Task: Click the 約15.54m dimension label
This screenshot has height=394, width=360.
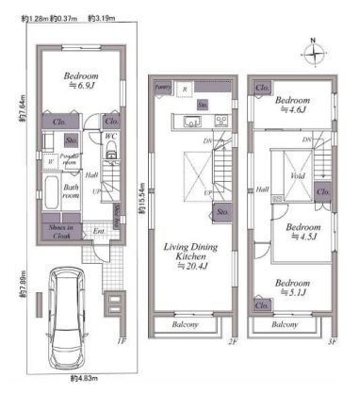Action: click(139, 198)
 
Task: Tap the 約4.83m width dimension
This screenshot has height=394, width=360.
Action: click(85, 378)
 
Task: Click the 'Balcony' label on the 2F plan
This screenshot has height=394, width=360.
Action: click(187, 324)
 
